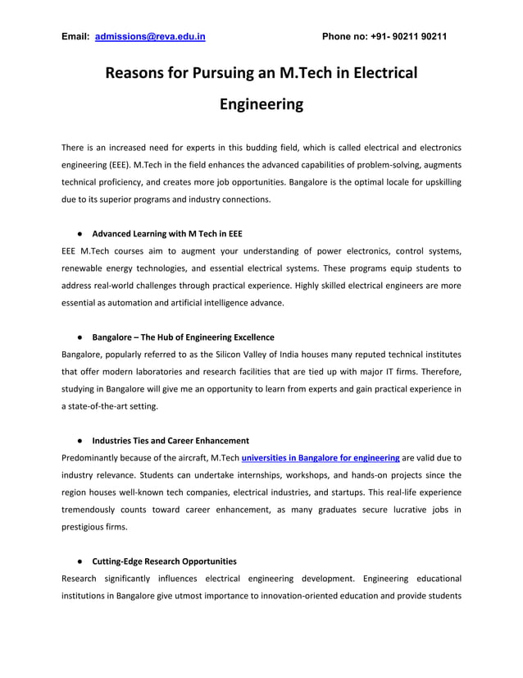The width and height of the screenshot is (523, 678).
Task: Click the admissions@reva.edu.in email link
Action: [150, 37]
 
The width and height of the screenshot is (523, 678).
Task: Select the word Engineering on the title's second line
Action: [261, 105]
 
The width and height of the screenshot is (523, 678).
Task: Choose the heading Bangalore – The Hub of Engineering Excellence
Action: [183, 337]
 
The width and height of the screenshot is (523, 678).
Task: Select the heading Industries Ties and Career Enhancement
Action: [171, 441]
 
